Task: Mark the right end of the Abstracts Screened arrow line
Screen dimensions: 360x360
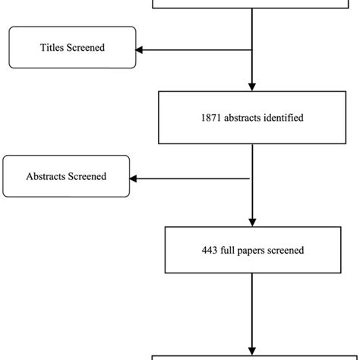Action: (x=248, y=178)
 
